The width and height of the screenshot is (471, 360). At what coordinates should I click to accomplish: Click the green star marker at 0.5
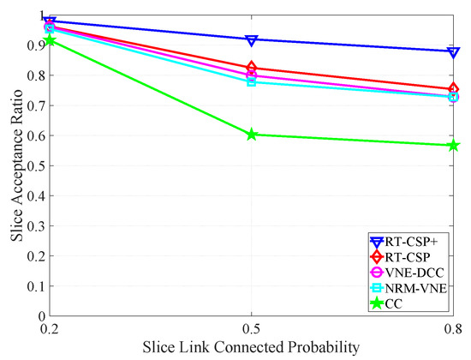pyautogui.click(x=252, y=135)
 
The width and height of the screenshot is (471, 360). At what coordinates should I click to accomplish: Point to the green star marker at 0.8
pyautogui.click(x=453, y=145)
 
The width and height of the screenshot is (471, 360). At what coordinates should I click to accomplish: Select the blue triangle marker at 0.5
pyautogui.click(x=252, y=40)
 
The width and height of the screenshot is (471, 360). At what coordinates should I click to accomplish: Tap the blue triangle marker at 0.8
pyautogui.click(x=453, y=52)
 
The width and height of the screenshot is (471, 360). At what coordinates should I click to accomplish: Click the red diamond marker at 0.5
pyautogui.click(x=252, y=68)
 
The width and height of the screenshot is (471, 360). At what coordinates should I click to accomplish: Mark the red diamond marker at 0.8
pyautogui.click(x=453, y=89)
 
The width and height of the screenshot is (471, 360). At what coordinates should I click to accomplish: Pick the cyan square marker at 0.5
pyautogui.click(x=252, y=81)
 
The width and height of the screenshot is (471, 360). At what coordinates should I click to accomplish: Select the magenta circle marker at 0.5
pyautogui.click(x=252, y=75)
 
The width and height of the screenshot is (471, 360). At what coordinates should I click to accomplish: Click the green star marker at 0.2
pyautogui.click(x=50, y=40)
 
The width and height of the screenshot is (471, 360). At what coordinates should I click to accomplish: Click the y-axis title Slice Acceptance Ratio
pyautogui.click(x=14, y=165)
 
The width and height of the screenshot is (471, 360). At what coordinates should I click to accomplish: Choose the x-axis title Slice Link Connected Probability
pyautogui.click(x=252, y=347)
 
